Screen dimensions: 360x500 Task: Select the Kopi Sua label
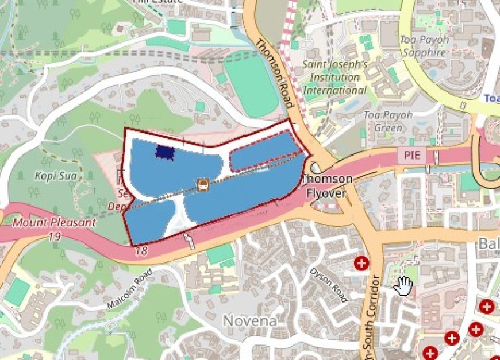point(56,175)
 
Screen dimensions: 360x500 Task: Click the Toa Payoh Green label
point(388,121)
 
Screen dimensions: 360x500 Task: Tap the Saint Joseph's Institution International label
point(335,78)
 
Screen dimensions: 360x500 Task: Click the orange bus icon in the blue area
point(202,184)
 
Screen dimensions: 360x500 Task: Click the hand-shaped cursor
point(405,284)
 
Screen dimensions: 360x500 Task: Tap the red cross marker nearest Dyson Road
point(361,264)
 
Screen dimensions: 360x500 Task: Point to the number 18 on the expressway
point(141,251)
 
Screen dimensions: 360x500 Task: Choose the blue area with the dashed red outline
point(264,153)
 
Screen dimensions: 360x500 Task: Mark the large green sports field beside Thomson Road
point(250,86)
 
